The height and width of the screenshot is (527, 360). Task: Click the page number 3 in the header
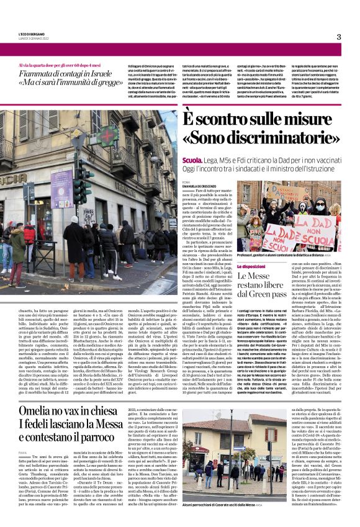click(338, 37)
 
